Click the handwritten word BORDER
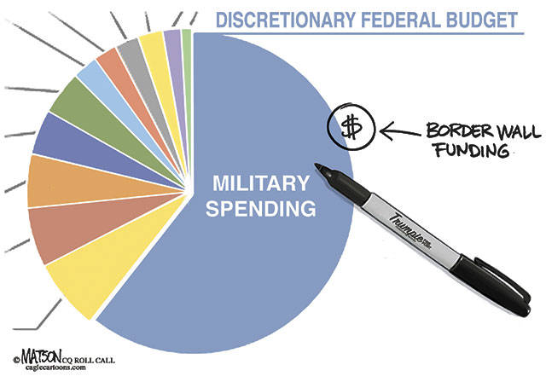point(451,132)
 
